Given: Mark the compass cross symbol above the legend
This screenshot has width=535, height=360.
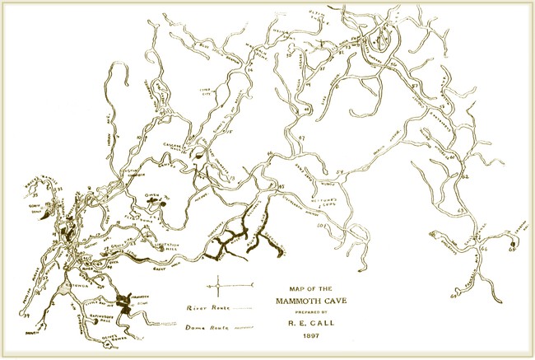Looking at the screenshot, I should tap(217, 287).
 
